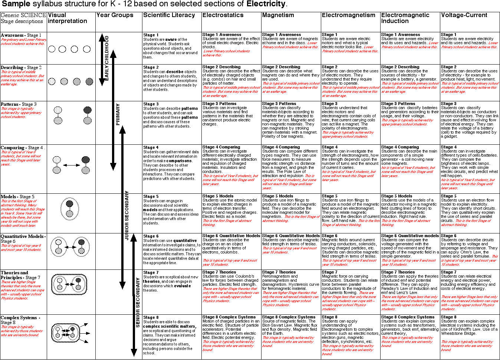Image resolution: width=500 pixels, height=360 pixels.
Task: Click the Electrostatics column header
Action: [x=223, y=15]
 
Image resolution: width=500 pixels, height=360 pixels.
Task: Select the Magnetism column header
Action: [x=278, y=15]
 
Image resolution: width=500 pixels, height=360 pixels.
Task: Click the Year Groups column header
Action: [x=115, y=15]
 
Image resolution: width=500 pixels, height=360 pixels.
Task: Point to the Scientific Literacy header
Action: [x=169, y=15]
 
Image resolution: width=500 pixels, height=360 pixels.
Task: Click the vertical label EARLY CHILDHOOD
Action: [x=107, y=58]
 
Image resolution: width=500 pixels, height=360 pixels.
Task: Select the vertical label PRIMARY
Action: [x=118, y=114]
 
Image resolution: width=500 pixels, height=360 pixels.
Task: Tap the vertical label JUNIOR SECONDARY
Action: [x=127, y=215]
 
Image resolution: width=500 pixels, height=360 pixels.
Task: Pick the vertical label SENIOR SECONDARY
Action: [x=138, y=302]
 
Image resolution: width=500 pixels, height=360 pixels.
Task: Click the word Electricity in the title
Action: [x=266, y=4]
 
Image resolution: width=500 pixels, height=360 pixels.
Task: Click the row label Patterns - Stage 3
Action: [x=19, y=104]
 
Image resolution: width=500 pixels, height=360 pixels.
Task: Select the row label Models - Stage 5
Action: [x=17, y=197]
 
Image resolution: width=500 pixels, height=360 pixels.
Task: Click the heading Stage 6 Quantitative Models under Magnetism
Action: [x=291, y=236]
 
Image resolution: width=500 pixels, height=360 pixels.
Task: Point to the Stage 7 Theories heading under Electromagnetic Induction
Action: [x=398, y=272]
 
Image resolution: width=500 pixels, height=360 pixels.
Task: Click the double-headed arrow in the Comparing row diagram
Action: [x=71, y=166]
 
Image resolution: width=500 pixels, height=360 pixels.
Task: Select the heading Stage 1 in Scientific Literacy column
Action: [x=151, y=35]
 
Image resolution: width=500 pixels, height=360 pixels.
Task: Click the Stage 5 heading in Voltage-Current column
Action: [x=448, y=196]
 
